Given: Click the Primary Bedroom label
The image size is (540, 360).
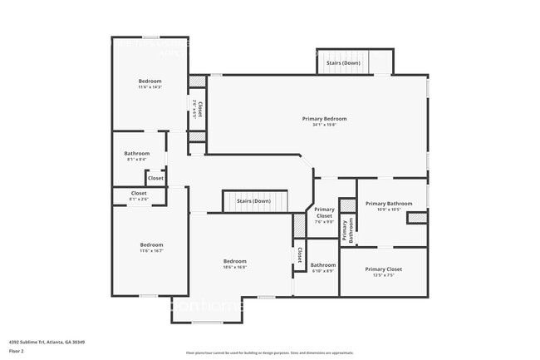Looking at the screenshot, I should point(324,119).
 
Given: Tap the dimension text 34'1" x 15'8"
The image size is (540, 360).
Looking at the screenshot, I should point(324,126).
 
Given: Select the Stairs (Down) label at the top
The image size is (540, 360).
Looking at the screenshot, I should point(343,63).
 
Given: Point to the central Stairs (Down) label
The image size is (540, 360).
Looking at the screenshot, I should point(253,201).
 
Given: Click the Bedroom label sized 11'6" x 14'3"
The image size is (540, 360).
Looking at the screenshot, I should point(150,81).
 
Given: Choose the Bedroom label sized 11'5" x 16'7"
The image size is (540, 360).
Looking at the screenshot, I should point(151,244).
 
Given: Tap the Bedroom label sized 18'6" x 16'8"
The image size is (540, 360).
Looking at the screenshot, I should point(234,261).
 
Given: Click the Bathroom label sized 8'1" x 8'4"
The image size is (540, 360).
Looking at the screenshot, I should point(137,153).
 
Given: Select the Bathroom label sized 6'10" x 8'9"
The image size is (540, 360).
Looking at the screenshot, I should point(323,265).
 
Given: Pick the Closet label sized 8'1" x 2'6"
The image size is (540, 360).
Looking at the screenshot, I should point(139,193).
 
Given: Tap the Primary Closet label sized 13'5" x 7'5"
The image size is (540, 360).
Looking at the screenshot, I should point(383,269).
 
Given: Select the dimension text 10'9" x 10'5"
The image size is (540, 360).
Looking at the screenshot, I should point(389,210).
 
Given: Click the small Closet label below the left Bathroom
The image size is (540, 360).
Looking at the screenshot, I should point(155,178).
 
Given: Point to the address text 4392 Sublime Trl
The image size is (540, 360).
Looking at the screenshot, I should point(47,342).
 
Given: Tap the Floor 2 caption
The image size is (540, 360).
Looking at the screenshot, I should point(17,351).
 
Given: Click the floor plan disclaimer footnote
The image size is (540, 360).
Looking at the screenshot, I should point(269,353).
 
